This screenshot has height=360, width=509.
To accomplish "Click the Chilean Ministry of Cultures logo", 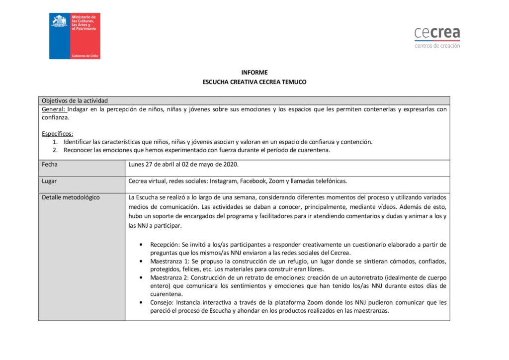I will tap(75, 36).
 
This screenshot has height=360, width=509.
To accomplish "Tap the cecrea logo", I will tap(437, 34).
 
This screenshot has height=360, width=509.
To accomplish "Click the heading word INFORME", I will tap(254, 73).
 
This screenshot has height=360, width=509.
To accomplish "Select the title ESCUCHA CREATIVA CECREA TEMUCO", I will tap(254, 82).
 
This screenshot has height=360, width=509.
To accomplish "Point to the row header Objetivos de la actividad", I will tap(75, 100).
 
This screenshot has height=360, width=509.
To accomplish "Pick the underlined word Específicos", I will tap(57, 133).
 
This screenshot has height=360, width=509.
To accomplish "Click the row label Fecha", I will tap(49, 164).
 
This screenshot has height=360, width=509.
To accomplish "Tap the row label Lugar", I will tap(50, 181).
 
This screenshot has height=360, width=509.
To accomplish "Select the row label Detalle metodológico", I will tap(71, 197).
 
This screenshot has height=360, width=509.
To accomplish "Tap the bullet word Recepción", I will tap(165, 245).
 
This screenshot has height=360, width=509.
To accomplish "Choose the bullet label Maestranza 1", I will tap(170, 261).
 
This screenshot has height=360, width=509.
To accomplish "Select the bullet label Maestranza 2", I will tap(170, 277).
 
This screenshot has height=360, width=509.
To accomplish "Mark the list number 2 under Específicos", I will tap(55, 150).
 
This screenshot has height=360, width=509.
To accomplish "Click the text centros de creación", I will tap(437, 46).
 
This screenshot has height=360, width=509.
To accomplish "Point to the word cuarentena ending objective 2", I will tap(314, 150).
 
